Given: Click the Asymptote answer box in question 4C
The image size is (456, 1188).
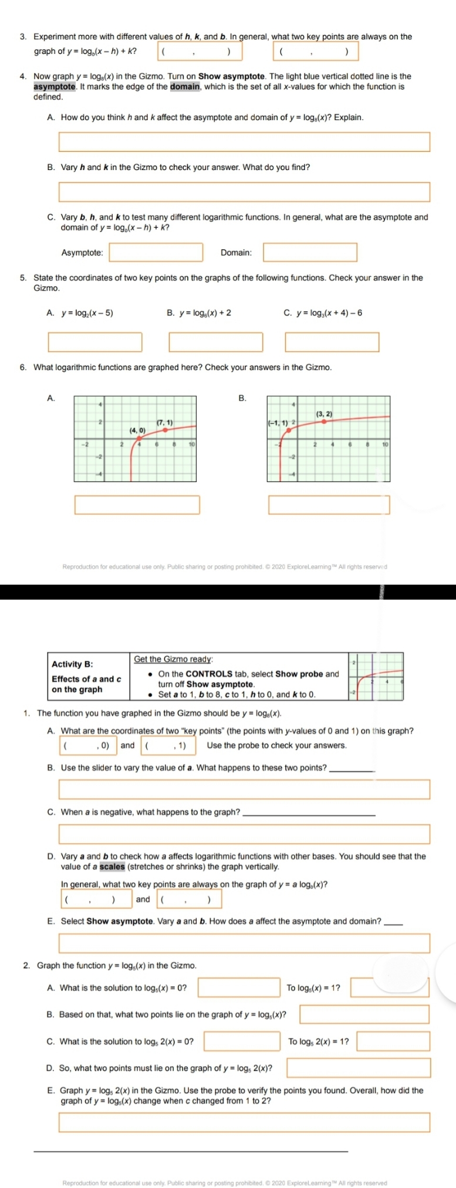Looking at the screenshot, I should pos(157,253).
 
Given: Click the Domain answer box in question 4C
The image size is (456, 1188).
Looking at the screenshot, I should pos(310,253).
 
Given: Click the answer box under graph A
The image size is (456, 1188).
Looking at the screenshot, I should pos(137,504).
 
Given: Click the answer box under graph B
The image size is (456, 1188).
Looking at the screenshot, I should pos(329,504).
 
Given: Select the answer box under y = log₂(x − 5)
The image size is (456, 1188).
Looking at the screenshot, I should pos(95,342).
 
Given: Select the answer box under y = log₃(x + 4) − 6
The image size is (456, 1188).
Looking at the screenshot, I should pos(332,342).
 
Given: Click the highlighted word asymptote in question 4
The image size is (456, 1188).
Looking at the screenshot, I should pos(55,87).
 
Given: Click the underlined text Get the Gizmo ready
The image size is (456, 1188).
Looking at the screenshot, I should pos(173,659).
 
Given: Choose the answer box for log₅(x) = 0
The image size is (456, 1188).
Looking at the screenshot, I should pos(239,987).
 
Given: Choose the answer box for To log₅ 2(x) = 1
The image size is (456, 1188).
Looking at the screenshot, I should pos(393,1041).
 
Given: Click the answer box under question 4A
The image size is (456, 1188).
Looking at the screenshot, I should pos(244,142).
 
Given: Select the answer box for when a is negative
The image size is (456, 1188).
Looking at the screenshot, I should pos(244,834).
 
